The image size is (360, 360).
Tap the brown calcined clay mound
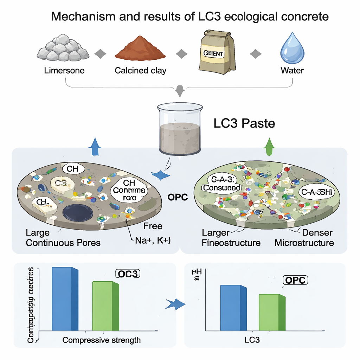(x=140, y=50)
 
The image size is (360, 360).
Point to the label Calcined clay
(x=140, y=70)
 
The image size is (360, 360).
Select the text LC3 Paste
(x=244, y=124)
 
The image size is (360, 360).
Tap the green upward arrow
(x=269, y=147)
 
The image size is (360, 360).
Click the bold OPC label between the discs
(x=178, y=198)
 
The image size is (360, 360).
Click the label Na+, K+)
(x=153, y=241)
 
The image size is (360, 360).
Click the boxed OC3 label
(x=128, y=274)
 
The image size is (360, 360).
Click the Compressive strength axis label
(x=101, y=340)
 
